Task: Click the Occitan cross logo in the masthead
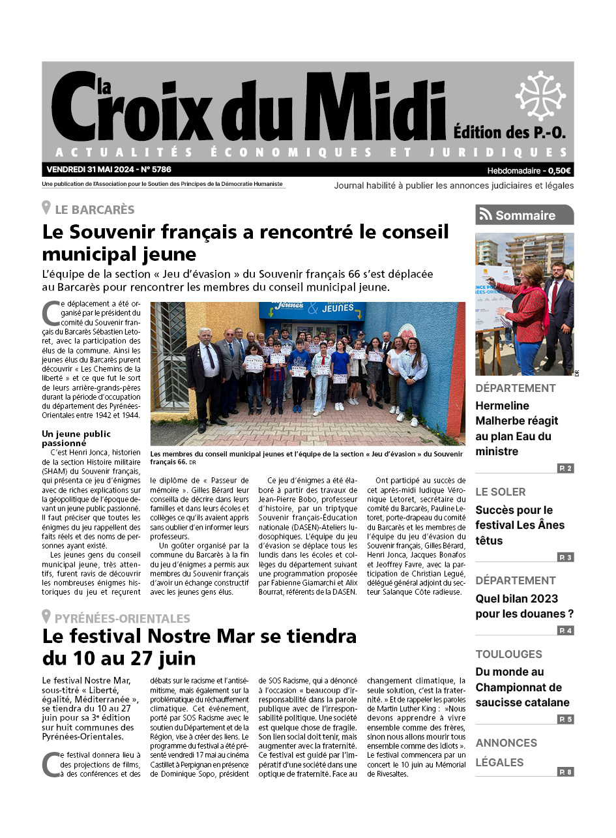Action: coord(540,96)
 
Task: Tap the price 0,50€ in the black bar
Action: coord(559,171)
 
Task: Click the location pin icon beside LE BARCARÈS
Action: coord(46,209)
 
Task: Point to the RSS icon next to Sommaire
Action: coord(486,215)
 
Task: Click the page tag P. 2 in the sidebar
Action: coord(565,468)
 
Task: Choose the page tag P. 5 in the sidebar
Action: coord(565,719)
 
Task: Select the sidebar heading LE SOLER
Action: coord(500,492)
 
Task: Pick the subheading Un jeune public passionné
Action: coord(76,438)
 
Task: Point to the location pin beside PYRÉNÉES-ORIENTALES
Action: coord(46,617)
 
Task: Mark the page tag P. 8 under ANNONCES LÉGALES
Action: coord(565,772)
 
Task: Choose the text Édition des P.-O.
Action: coord(509,132)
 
